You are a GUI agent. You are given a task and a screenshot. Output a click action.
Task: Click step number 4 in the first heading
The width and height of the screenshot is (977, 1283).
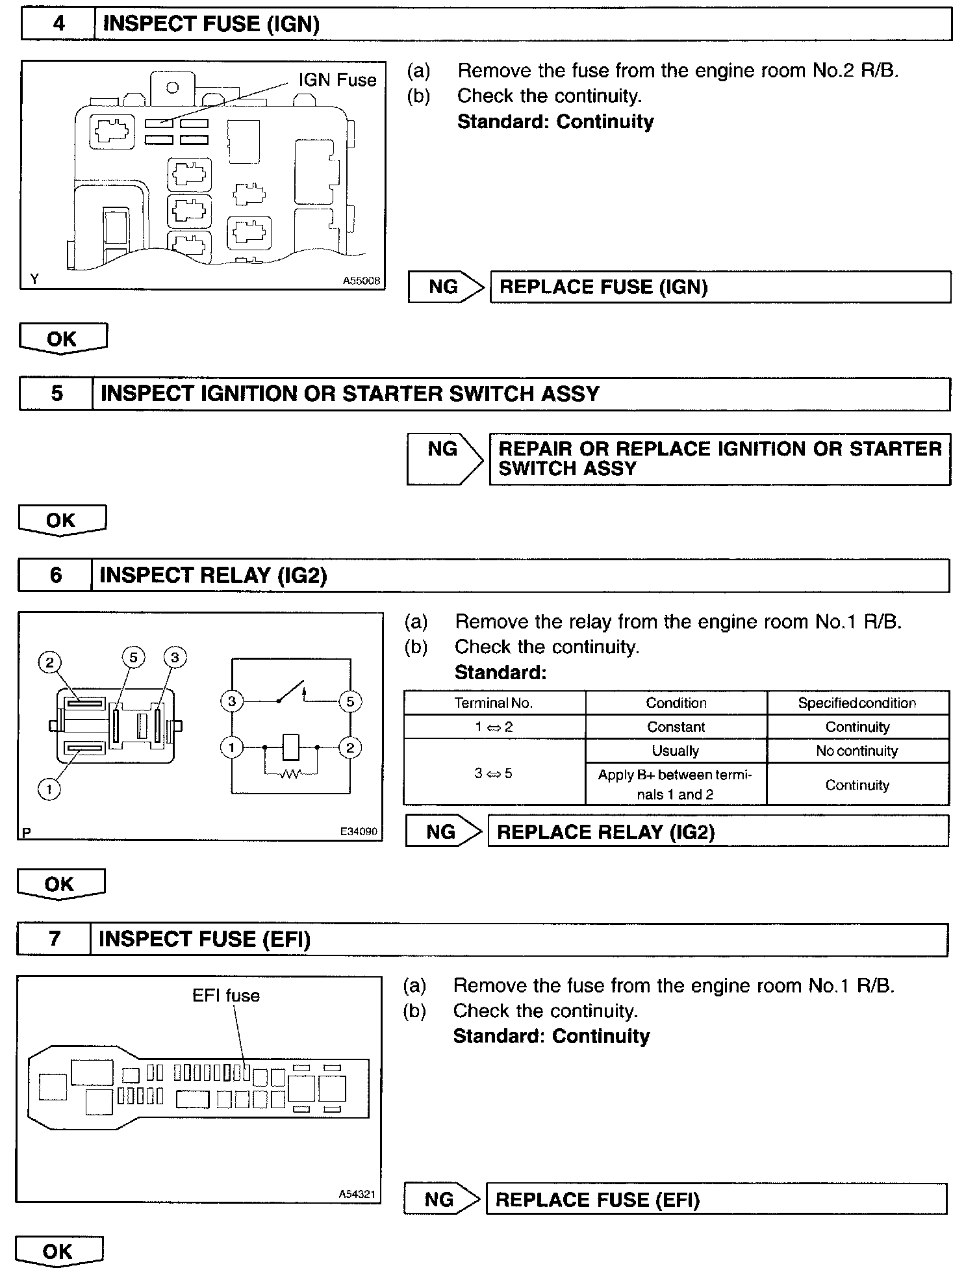point(58,24)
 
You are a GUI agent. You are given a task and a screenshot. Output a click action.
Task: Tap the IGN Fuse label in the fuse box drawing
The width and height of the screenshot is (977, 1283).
point(337,80)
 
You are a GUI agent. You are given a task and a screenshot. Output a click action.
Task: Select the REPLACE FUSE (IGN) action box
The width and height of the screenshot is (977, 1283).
point(720,287)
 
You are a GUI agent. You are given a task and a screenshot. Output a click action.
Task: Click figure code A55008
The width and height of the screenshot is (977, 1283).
point(361,281)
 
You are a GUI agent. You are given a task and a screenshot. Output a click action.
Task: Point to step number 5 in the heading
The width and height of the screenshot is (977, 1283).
point(57,394)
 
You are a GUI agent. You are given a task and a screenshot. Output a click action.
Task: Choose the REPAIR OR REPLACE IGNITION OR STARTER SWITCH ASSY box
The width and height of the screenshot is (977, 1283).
point(720,459)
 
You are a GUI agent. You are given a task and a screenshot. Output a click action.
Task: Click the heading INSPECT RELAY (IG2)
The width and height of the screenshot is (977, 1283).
point(213,575)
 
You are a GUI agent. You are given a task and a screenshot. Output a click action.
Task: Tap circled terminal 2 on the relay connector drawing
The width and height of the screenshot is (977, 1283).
point(49,663)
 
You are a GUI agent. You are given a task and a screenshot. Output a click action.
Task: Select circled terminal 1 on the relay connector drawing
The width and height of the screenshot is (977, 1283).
point(49,789)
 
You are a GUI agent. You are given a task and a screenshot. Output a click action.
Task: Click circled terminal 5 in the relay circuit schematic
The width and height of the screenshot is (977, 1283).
point(350,701)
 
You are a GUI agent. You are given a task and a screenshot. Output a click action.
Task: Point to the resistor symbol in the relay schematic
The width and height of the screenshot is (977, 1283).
point(290,773)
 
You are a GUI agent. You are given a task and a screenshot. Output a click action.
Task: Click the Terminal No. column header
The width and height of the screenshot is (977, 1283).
point(494,703)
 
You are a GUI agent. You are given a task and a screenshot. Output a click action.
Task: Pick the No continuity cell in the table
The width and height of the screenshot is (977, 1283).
point(857,751)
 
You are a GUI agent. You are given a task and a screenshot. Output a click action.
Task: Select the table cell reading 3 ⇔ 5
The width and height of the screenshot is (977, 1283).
point(494,773)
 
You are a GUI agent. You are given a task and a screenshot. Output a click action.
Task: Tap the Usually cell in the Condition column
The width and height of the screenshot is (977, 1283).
point(676,751)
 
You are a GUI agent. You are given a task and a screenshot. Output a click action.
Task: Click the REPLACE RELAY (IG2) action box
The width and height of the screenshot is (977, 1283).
point(717,832)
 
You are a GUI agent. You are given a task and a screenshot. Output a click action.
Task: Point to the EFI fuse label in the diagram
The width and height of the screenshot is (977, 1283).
point(226,996)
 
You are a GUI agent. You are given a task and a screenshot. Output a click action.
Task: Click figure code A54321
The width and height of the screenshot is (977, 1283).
point(357,1195)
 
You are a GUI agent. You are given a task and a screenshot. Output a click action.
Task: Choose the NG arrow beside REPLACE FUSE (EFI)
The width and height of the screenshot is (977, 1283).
point(442,1199)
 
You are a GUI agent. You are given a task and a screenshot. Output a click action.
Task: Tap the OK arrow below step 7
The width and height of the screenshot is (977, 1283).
point(58,1252)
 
